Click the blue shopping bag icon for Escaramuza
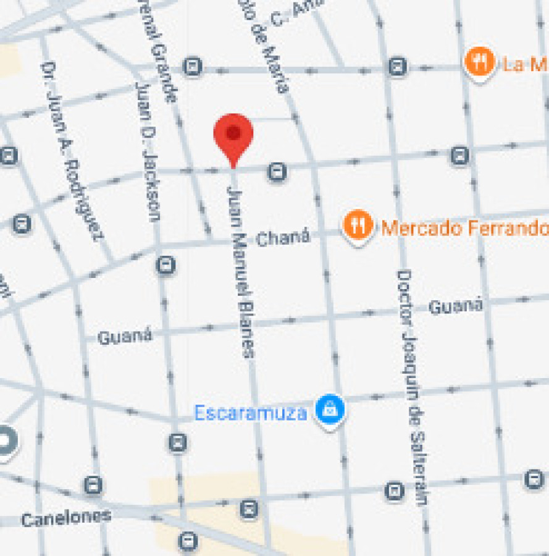(330, 409)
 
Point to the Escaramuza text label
(250, 413)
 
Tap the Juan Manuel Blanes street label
(240, 269)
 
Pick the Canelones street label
(66, 518)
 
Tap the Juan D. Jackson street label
(148, 151)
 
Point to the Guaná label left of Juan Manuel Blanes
(125, 337)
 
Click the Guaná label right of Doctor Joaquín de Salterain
(455, 305)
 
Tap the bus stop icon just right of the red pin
(277, 172)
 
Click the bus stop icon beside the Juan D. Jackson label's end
(166, 266)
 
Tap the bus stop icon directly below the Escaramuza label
(178, 442)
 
